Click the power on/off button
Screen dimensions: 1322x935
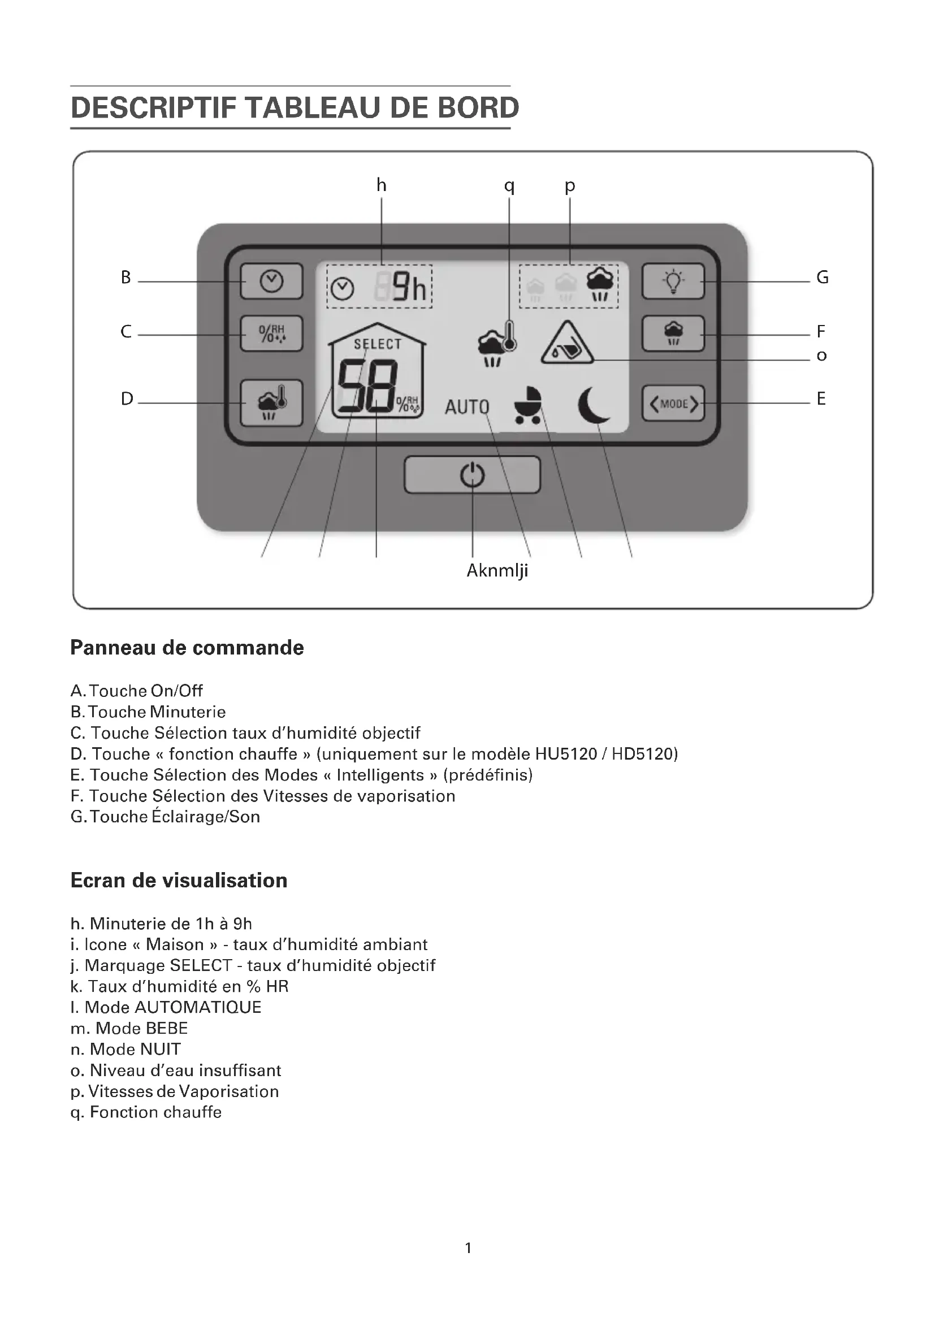pos(472,475)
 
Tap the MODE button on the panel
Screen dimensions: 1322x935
pos(673,404)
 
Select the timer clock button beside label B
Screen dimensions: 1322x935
pos(271,281)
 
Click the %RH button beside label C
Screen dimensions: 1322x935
pos(271,333)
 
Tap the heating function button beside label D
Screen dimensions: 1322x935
pos(271,403)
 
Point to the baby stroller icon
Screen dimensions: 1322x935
pos(528,405)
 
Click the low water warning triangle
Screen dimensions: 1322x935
pos(566,344)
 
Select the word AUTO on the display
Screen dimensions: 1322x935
pos(467,407)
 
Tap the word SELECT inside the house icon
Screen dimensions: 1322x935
pos(378,344)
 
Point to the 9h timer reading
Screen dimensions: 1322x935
pos(409,287)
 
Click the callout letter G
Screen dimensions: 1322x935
pos(822,278)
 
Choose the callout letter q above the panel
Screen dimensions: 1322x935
pos(509,185)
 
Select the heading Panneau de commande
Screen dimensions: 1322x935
pos(187,648)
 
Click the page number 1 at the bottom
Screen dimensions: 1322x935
pos(468,1248)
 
